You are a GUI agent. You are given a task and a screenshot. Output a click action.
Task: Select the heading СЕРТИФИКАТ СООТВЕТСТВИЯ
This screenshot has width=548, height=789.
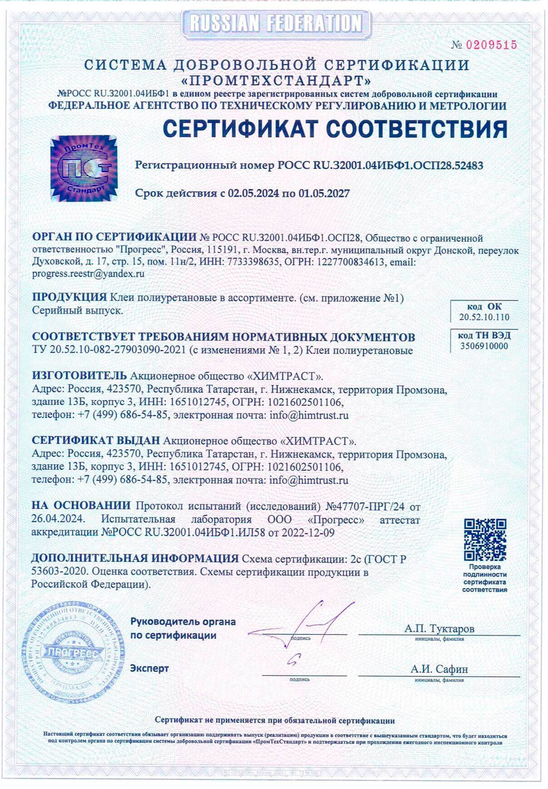(x=335, y=129)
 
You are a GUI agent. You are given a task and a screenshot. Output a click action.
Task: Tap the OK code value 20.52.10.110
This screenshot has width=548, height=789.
(x=484, y=317)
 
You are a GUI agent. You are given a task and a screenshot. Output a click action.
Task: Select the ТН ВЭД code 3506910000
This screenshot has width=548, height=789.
(x=484, y=346)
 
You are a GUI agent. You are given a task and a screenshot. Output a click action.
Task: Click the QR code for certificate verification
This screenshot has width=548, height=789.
(x=485, y=540)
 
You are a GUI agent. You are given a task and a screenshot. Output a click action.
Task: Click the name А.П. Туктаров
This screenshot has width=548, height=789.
(x=439, y=628)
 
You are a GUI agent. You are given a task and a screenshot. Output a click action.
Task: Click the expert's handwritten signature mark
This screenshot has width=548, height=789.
(x=296, y=660)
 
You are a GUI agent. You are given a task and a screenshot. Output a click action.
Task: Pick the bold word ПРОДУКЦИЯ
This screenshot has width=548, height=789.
(x=69, y=297)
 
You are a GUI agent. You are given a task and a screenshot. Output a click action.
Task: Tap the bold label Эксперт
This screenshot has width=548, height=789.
(x=150, y=668)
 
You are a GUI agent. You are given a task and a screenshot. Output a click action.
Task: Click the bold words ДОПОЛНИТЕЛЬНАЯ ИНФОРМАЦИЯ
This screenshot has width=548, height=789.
(x=135, y=559)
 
